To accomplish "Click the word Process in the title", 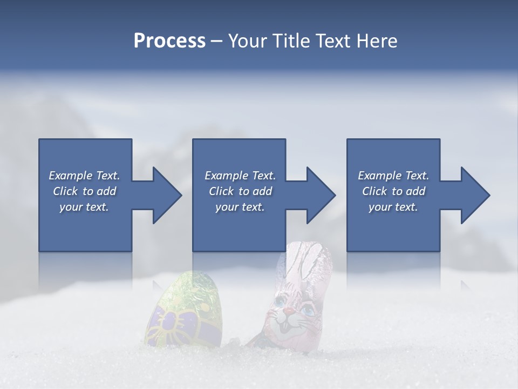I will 169,41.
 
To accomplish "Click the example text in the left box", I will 84,191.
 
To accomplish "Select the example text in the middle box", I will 240,191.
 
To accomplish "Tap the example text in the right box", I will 393,191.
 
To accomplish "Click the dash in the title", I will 216,41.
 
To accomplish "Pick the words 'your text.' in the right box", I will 393,207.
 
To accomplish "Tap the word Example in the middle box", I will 221,176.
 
